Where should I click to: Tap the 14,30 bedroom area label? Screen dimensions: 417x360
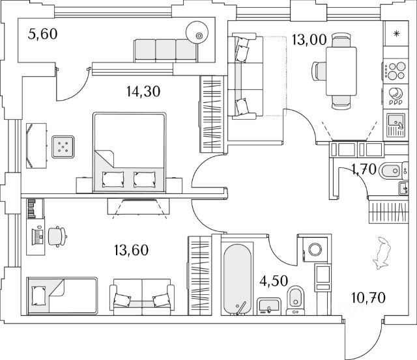tap(143, 91)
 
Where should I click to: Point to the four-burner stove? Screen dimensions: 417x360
tap(394, 70)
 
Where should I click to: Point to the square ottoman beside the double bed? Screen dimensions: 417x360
tap(63, 147)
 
